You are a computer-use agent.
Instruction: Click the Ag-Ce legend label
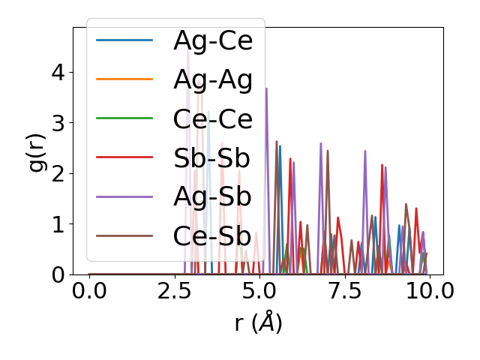(213, 40)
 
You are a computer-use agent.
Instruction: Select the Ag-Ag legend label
(213, 79)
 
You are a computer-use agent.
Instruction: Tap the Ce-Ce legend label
(213, 118)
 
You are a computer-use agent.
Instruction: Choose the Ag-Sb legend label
(213, 196)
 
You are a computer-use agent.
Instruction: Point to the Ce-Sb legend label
(212, 235)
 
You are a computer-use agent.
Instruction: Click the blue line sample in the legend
(125, 40)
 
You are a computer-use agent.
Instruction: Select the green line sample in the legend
(125, 118)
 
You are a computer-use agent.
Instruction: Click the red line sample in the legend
(125, 157)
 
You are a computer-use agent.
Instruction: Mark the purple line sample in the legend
(125, 196)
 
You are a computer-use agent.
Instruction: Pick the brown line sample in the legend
(125, 235)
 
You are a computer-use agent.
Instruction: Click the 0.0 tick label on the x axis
(89, 292)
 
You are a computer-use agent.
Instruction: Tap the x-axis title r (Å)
(259, 323)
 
